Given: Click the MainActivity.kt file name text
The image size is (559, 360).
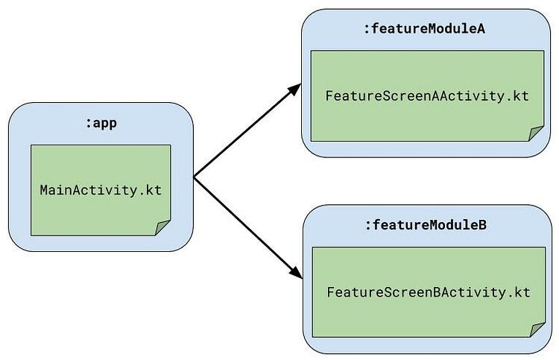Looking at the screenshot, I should (x=101, y=189).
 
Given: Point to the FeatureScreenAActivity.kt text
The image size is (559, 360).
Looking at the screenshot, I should (x=427, y=96).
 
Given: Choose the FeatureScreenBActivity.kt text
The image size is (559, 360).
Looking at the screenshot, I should (x=428, y=291).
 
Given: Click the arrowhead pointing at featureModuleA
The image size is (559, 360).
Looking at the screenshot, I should (x=295, y=89).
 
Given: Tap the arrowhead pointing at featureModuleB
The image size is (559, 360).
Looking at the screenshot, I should (x=296, y=272).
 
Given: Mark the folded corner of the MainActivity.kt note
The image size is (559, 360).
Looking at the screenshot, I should (x=162, y=227).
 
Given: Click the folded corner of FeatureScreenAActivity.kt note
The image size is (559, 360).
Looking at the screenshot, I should (x=536, y=133).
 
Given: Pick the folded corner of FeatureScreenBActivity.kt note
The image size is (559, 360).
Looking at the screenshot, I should (x=537, y=329).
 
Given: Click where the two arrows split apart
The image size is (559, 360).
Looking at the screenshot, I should (x=195, y=177).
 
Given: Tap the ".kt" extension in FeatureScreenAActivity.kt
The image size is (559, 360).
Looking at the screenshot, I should (x=519, y=96).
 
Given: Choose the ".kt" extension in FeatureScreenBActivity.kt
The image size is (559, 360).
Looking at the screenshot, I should (x=519, y=291).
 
